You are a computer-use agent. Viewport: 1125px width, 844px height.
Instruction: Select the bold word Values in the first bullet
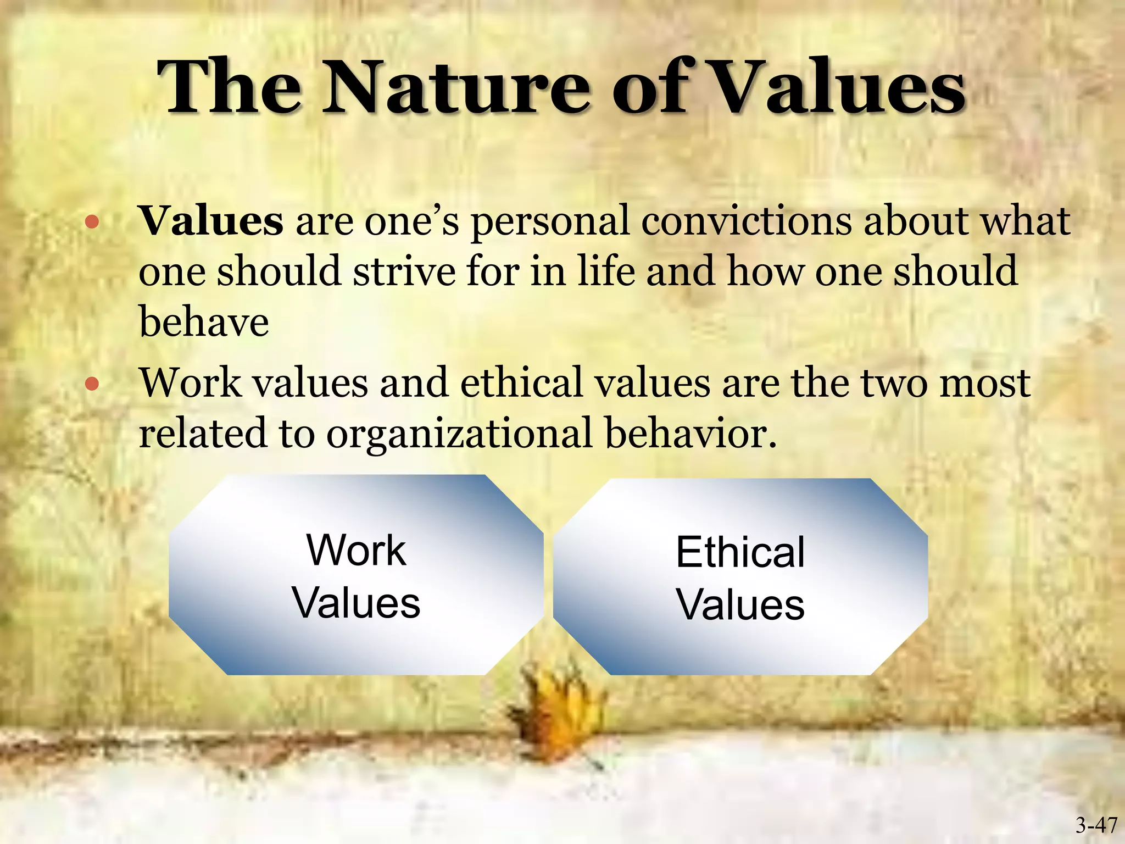pyautogui.click(x=211, y=221)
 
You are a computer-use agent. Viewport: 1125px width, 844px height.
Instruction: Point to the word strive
pyautogui.click(x=404, y=271)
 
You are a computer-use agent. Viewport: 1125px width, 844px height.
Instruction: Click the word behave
pyautogui.click(x=204, y=321)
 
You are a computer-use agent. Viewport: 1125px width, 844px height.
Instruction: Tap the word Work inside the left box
pyautogui.click(x=356, y=550)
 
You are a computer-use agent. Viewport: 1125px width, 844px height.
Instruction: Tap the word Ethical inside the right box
pyautogui.click(x=740, y=552)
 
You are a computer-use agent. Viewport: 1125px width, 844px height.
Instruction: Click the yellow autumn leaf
pyautogui.click(x=555, y=709)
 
